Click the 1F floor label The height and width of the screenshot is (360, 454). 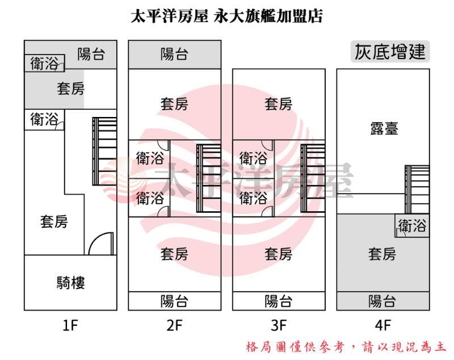click(x=70, y=326)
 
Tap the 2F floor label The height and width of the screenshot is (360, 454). click(x=174, y=326)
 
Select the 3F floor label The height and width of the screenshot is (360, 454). click(x=279, y=326)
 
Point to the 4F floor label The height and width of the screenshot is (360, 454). click(x=383, y=326)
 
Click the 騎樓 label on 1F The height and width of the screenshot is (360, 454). click(x=70, y=282)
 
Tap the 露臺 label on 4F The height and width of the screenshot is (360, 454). click(x=383, y=129)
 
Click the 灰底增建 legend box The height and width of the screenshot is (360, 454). click(x=389, y=52)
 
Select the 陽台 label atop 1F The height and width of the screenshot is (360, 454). click(x=91, y=54)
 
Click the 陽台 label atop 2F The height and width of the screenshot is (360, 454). click(x=174, y=55)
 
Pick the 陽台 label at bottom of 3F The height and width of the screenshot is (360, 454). click(x=279, y=301)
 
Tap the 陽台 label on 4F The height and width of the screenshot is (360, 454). click(x=382, y=301)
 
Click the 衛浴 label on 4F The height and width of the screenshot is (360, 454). click(x=412, y=226)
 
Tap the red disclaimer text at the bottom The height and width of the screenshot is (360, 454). click(x=346, y=346)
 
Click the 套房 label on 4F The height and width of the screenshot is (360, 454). click(x=382, y=254)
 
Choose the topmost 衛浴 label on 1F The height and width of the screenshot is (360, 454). click(x=44, y=64)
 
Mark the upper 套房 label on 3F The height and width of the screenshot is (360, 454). click(x=279, y=104)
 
